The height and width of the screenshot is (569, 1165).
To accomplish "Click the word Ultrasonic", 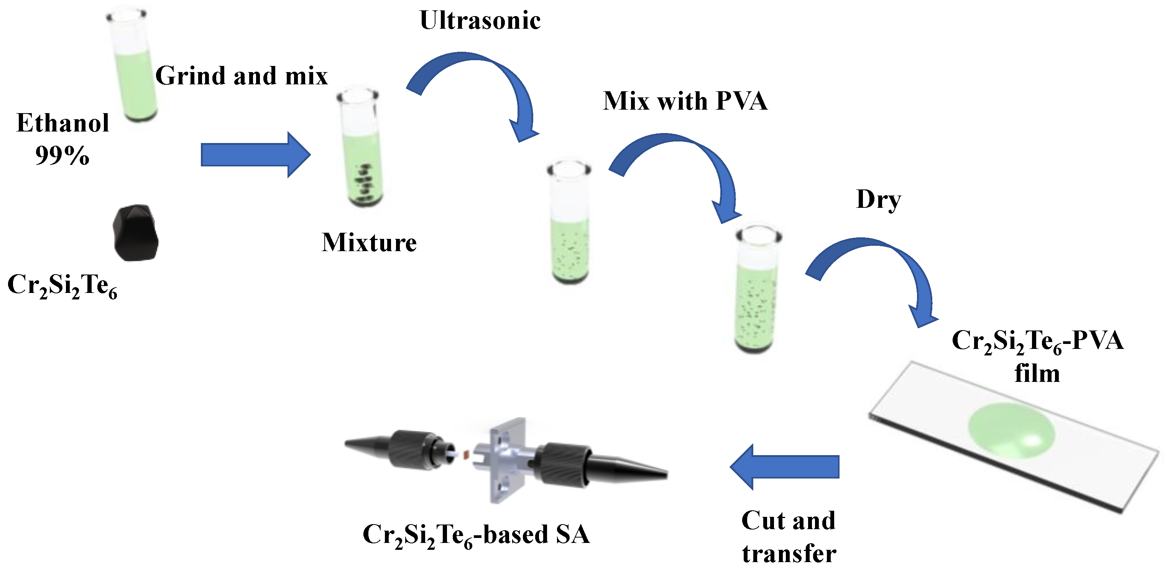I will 480,20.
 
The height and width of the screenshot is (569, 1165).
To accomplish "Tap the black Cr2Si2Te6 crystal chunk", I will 135,234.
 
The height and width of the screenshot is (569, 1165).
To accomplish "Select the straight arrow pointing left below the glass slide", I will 785,467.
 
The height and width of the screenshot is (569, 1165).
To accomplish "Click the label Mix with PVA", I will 685,100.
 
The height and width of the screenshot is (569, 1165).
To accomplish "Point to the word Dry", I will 878,199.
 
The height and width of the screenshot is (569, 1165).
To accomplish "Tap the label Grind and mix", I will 241,76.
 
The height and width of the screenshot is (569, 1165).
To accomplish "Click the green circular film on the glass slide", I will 1011,431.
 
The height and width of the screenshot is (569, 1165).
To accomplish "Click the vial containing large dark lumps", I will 360,149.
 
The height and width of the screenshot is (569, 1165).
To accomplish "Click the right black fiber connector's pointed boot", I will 629,468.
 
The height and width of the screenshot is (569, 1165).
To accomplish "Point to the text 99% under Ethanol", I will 62,156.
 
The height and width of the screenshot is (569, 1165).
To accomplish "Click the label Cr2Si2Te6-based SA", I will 476,535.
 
